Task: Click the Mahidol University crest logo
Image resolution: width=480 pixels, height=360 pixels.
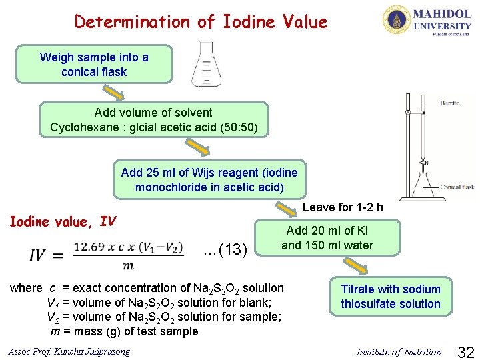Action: [397, 21]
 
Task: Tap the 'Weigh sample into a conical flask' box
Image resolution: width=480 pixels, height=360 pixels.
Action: [93, 64]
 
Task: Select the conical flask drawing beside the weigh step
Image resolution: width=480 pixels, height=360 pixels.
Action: [205, 64]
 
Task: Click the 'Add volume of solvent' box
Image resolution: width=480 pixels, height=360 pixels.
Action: [153, 120]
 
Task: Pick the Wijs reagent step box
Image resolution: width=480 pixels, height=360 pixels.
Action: [209, 180]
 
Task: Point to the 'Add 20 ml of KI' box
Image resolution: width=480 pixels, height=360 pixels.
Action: [327, 238]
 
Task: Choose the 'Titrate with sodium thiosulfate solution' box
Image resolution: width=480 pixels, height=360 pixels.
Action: [391, 297]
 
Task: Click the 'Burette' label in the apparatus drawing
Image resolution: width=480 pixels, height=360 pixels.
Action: [449, 103]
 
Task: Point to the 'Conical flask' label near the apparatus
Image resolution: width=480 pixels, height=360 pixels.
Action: [457, 187]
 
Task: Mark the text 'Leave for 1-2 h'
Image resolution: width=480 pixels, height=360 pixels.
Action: [343, 207]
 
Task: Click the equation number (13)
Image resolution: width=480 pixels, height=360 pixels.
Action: [227, 250]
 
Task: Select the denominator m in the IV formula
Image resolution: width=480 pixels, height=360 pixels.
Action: [129, 265]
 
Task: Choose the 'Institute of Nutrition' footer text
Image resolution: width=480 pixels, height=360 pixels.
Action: [399, 352]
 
